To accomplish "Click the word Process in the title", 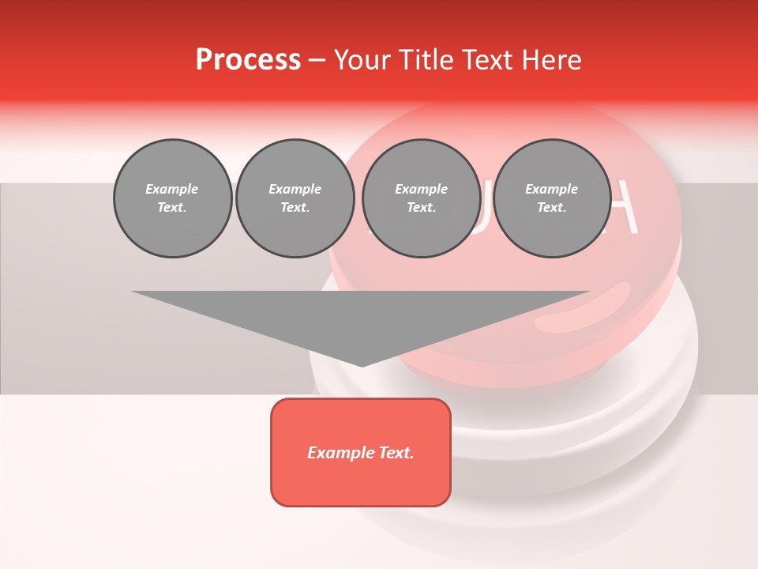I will point(248,59).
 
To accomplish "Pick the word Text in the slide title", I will point(488,59).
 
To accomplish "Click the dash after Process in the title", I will point(317,60).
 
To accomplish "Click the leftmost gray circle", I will point(172,198).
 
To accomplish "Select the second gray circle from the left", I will point(295,198).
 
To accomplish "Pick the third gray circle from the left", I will point(421,198).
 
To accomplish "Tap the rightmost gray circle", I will point(551,198).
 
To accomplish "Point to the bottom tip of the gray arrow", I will point(362,365).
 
